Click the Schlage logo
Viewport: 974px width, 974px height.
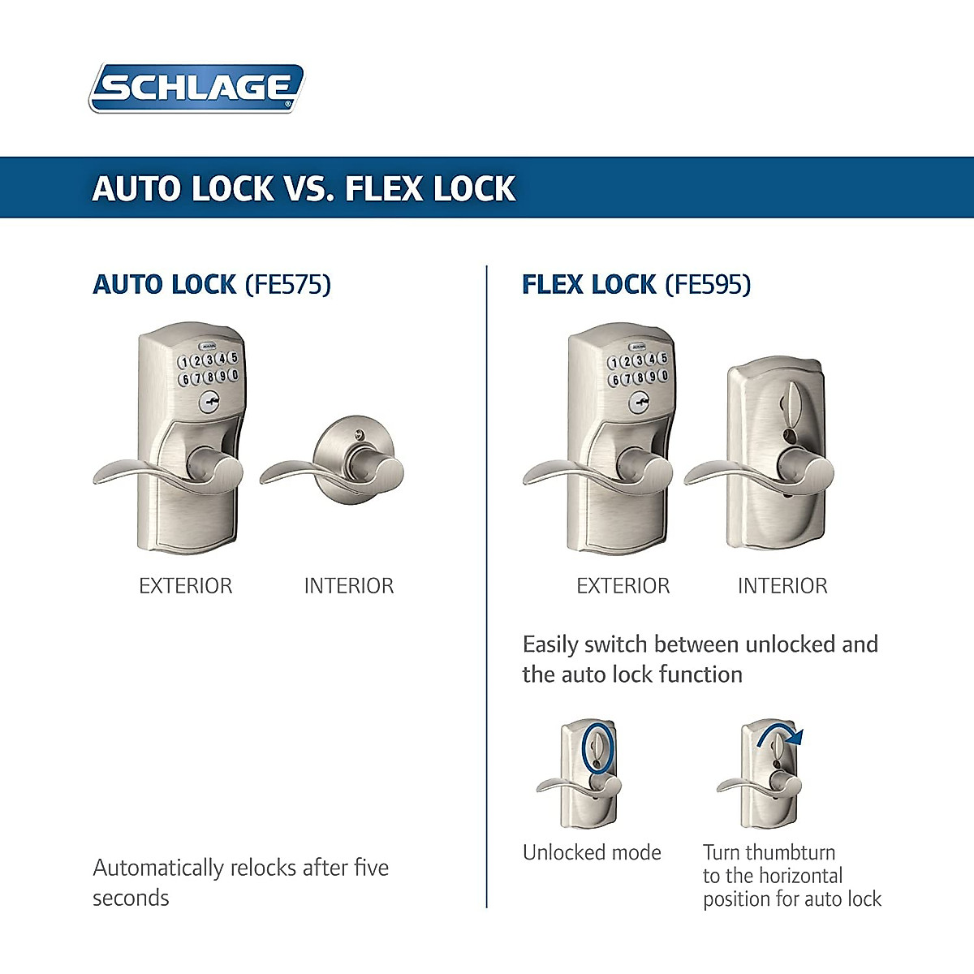click(196, 88)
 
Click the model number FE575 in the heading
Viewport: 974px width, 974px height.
click(288, 285)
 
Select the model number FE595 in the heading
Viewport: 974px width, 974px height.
click(708, 285)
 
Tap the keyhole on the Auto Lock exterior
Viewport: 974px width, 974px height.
click(210, 399)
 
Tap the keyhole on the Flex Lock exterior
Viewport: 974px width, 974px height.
click(640, 399)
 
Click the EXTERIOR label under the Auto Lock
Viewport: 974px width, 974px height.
click(185, 586)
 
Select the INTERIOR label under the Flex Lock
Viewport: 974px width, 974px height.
click(782, 586)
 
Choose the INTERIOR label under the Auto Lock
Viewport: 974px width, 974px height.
click(349, 586)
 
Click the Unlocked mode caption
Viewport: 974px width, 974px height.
click(592, 852)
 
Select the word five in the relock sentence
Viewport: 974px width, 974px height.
click(371, 868)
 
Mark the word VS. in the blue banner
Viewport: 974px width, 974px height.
click(309, 188)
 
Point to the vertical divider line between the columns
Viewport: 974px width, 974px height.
click(487, 584)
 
